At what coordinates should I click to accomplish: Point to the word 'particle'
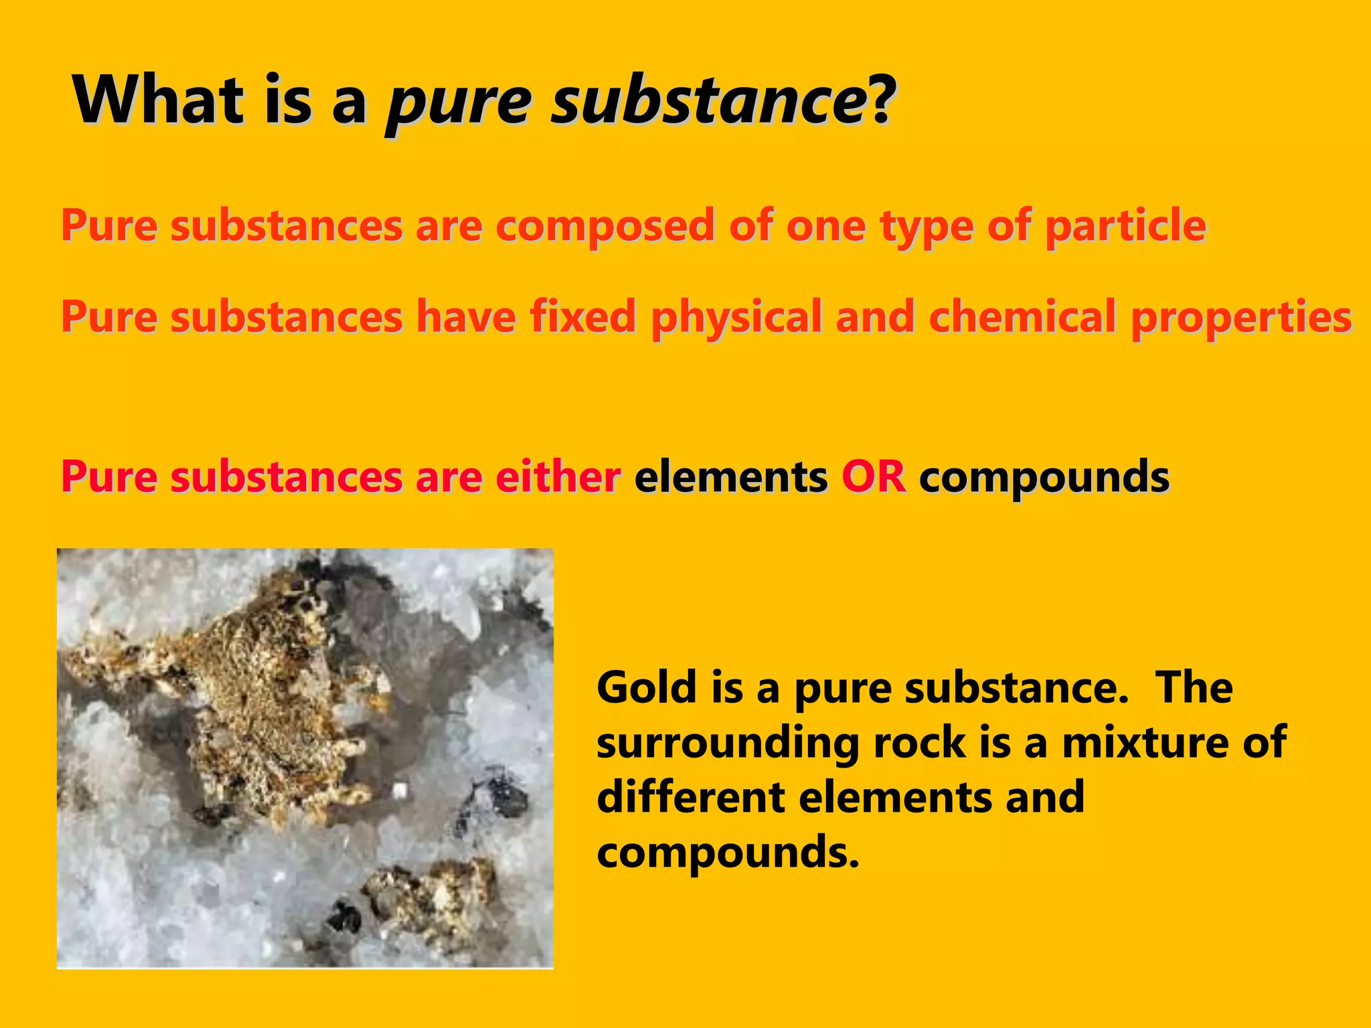(x=1125, y=226)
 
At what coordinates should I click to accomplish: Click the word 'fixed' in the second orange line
(x=582, y=316)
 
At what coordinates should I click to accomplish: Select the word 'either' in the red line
(x=558, y=477)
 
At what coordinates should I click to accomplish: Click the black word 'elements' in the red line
(x=731, y=477)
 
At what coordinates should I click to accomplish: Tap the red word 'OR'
(x=874, y=477)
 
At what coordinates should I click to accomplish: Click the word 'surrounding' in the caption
(x=727, y=744)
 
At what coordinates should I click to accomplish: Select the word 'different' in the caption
(x=690, y=797)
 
